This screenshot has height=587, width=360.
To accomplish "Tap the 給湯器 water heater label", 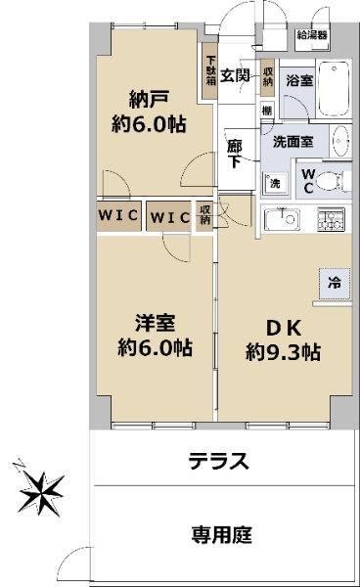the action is pyautogui.click(x=312, y=35).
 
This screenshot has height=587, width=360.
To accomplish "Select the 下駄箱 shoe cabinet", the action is pyautogui.click(x=210, y=71).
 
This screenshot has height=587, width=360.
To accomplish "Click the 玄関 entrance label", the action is pyautogui.click(x=235, y=75).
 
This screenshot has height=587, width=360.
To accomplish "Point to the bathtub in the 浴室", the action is pyautogui.click(x=334, y=89).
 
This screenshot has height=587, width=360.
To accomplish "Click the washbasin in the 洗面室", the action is pyautogui.click(x=340, y=141).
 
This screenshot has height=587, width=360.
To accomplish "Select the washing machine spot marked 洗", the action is pyautogui.click(x=275, y=184).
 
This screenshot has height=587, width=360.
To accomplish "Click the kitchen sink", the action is pyautogui.click(x=282, y=219).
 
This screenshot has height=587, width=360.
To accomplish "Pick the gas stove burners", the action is pyautogui.click(x=331, y=219).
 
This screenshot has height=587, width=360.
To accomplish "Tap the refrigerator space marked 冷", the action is pyautogui.click(x=335, y=284).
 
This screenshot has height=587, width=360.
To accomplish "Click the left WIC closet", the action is pyautogui.click(x=119, y=216).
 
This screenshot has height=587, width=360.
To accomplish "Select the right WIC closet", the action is pyautogui.click(x=169, y=216).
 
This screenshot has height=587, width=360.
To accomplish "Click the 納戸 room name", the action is pyautogui.click(x=149, y=99).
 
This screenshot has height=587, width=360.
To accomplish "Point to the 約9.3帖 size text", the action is pyautogui.click(x=283, y=352).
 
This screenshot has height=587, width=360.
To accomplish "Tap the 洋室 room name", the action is pyautogui.click(x=155, y=323).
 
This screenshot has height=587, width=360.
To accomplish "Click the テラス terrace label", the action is pyautogui.click(x=219, y=461).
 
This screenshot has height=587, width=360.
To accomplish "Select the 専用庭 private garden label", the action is pyautogui.click(x=222, y=534).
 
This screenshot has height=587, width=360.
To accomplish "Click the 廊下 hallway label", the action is pyautogui.click(x=235, y=154).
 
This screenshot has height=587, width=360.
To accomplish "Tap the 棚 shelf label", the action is pyautogui.click(x=267, y=111).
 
